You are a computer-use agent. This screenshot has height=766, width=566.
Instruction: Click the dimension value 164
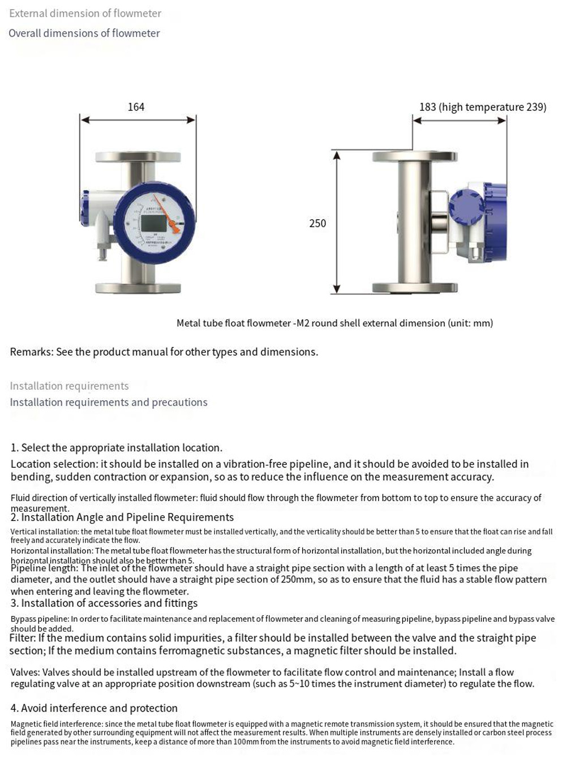pos(136,107)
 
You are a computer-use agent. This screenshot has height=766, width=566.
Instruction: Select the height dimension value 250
pos(318,223)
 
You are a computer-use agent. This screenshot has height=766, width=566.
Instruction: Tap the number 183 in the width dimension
pos(428,107)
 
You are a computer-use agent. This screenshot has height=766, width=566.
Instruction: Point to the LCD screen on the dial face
pos(153,225)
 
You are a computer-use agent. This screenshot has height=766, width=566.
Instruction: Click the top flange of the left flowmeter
pos(138,156)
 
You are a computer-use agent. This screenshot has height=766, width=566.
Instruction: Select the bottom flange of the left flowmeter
pos(138,288)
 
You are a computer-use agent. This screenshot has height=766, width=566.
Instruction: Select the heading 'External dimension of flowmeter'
pos(85,13)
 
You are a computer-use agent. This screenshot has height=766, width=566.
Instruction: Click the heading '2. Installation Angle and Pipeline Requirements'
pos(122,517)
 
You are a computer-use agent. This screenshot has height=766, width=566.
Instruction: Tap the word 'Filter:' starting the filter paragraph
pos(23,638)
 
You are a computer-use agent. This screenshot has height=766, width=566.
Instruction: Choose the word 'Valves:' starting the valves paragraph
pos(25,673)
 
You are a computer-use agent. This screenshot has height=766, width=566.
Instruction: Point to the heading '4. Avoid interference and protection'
pos(94,708)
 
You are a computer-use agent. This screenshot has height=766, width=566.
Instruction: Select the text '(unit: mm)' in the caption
pos(470,323)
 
